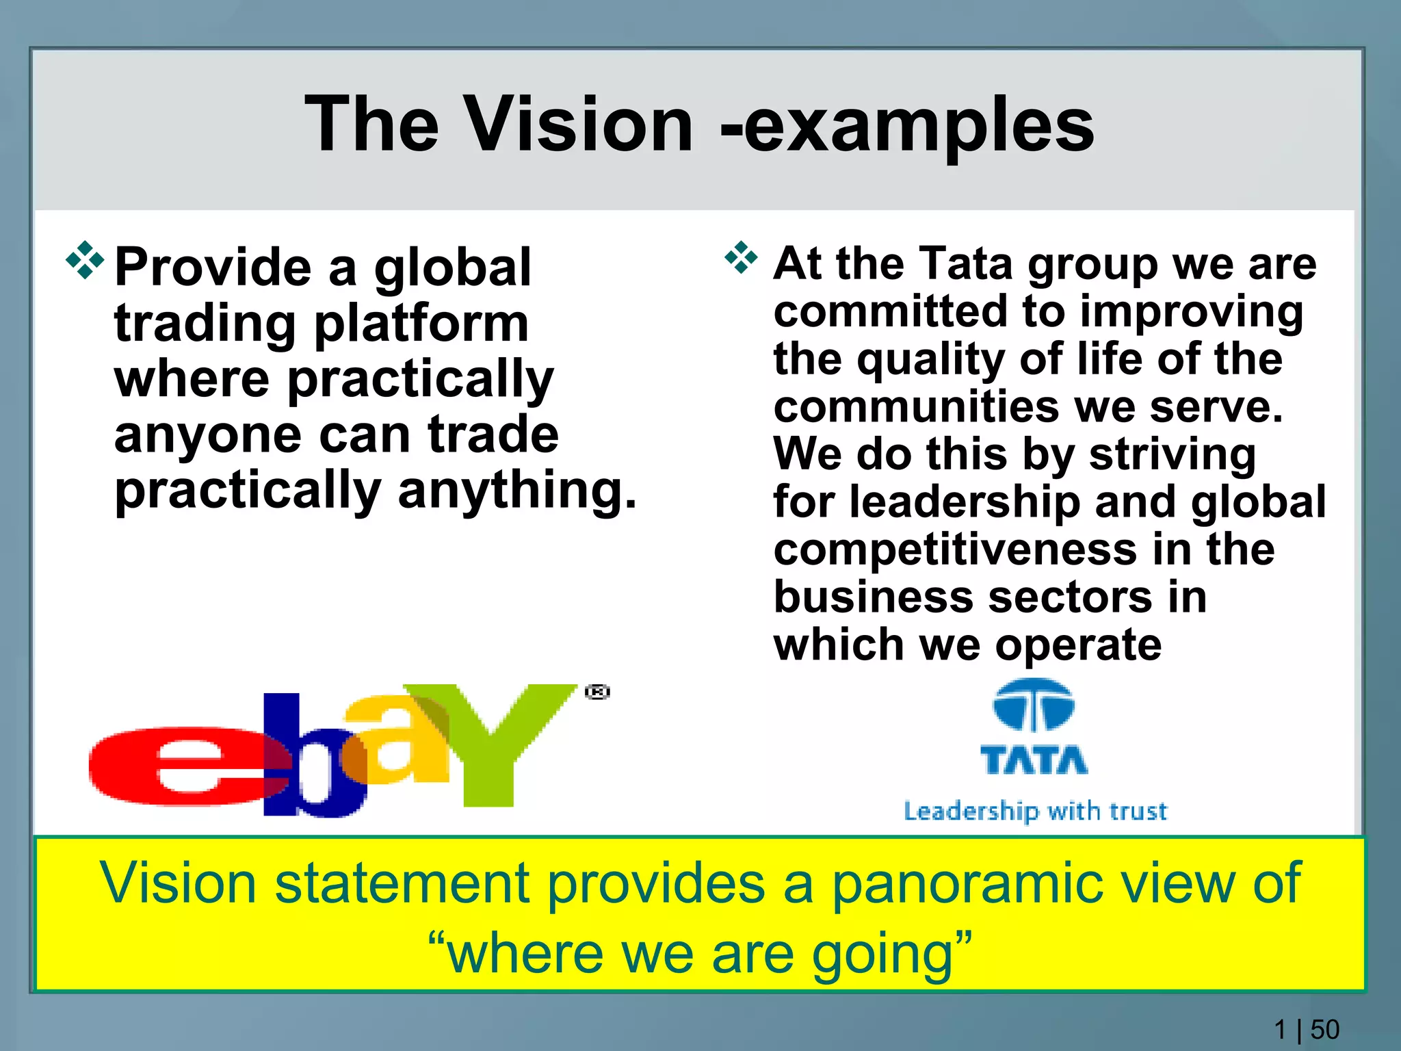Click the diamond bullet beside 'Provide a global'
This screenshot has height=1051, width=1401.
point(85,260)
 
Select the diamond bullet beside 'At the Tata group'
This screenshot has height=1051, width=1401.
point(741,258)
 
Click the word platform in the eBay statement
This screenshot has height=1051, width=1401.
point(421,324)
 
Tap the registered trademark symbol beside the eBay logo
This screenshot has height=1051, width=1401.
point(597,692)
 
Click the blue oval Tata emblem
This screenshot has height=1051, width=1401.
point(1034,705)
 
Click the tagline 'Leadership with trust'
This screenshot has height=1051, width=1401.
point(1035,812)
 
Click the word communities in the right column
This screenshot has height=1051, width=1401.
point(915,406)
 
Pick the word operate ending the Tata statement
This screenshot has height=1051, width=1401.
point(1078,645)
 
